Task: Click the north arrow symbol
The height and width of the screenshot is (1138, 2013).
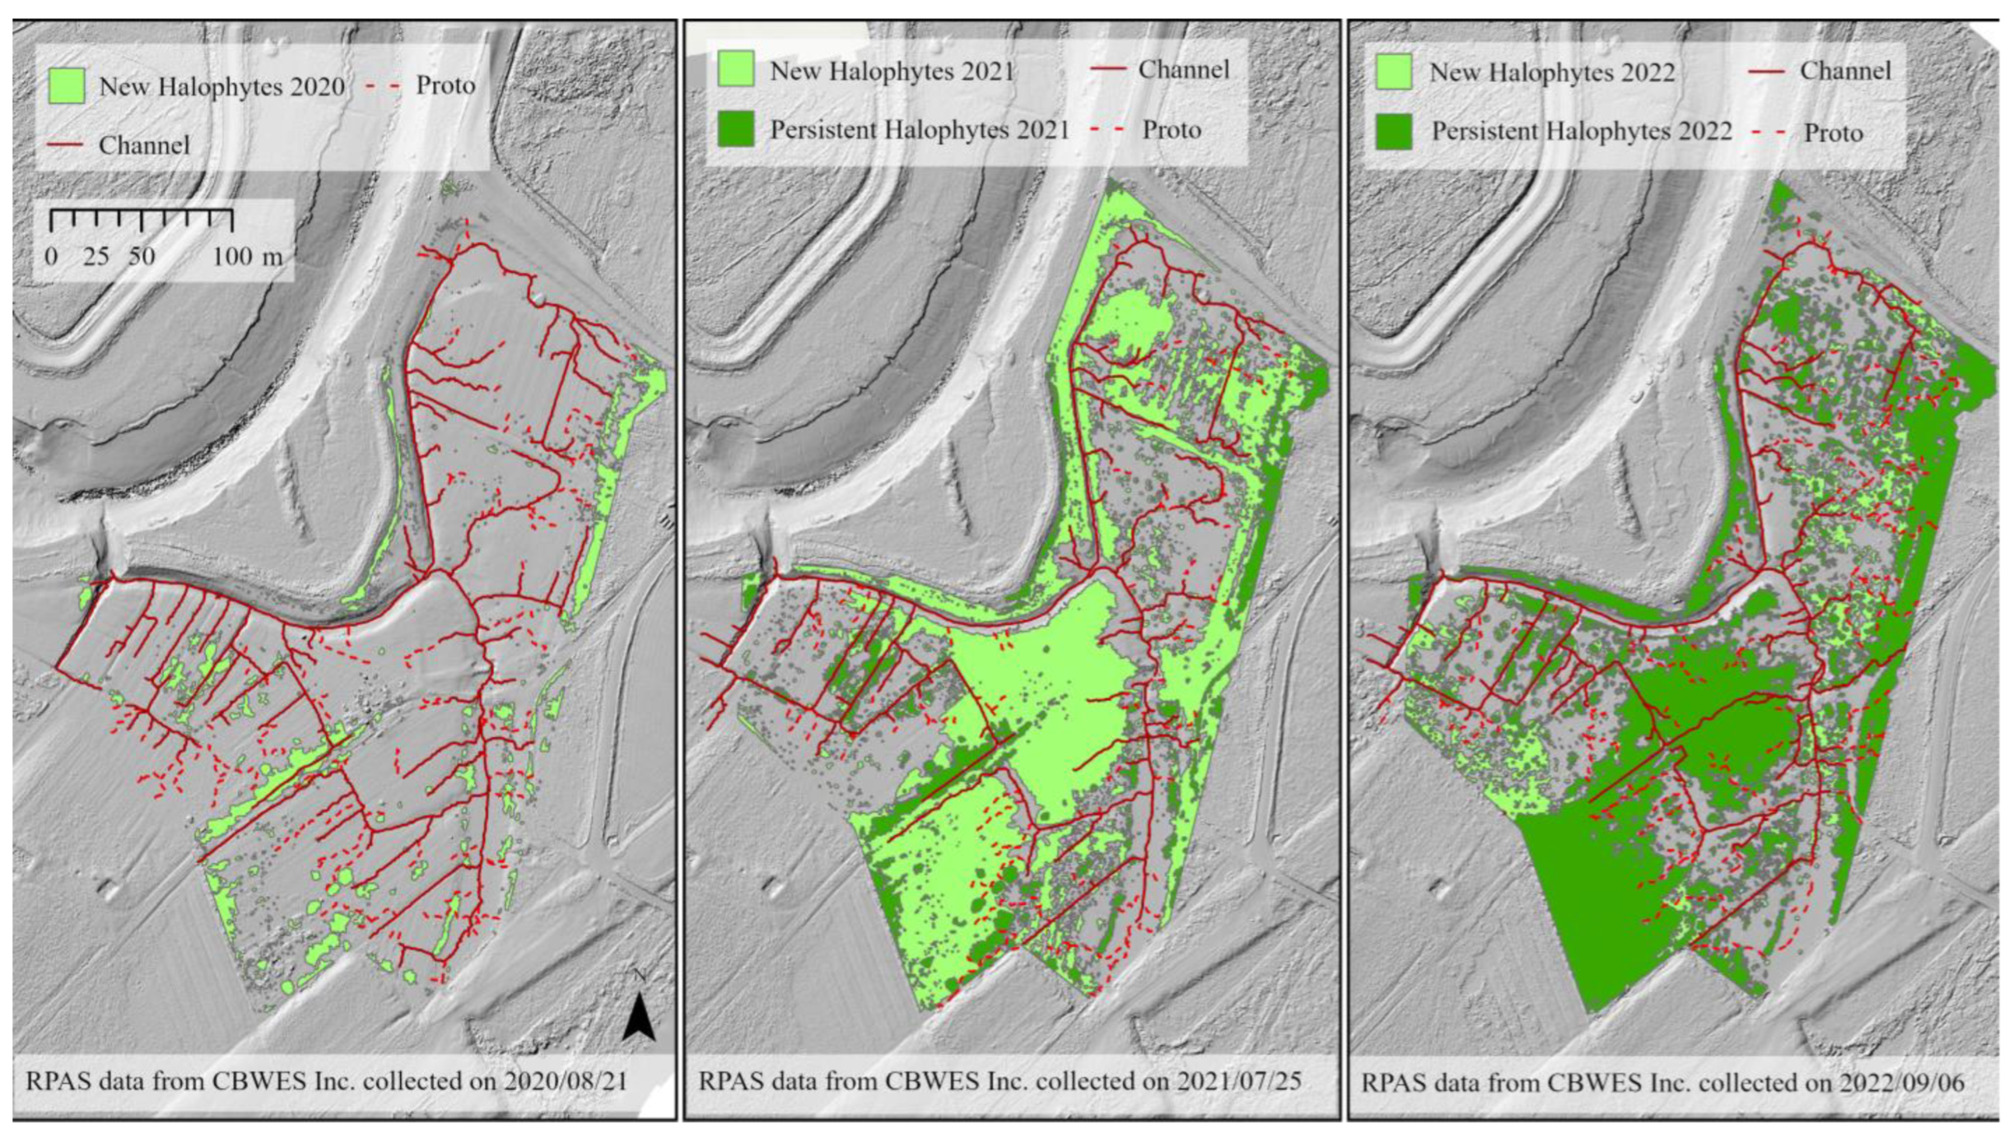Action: (x=639, y=1019)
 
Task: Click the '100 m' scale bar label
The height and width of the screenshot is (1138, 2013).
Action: (x=247, y=257)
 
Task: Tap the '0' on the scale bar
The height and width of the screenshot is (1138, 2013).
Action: (x=51, y=257)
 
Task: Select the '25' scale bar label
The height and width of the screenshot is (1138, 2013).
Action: (x=96, y=257)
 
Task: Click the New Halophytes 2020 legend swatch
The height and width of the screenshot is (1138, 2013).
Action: (x=66, y=86)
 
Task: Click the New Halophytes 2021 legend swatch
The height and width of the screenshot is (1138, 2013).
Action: (x=736, y=69)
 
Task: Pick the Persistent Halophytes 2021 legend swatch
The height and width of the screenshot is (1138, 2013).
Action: (x=736, y=129)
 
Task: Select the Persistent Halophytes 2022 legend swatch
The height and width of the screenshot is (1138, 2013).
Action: (x=1393, y=131)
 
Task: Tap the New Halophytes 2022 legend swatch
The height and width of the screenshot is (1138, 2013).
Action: (x=1393, y=71)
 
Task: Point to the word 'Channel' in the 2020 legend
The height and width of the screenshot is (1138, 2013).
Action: (x=144, y=145)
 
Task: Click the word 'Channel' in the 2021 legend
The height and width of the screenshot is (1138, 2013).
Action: (x=1184, y=69)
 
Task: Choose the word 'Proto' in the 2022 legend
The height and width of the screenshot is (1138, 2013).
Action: (x=1833, y=133)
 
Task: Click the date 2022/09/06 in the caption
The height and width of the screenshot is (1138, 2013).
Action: (x=1906, y=1083)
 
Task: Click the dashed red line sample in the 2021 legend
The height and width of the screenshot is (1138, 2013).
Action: (x=1108, y=129)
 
